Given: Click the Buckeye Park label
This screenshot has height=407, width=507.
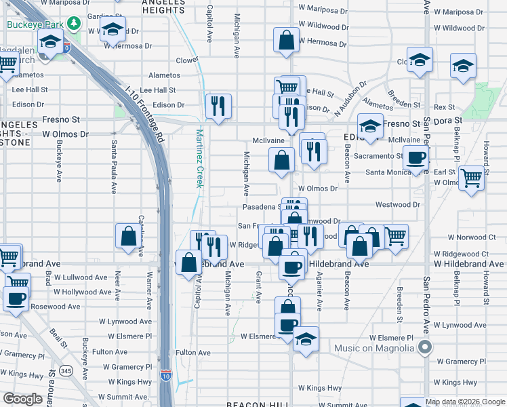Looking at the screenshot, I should pos(35,25).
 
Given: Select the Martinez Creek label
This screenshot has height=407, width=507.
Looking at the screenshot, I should pos(200,158).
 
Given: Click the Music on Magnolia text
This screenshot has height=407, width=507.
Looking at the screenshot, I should pos(373,349).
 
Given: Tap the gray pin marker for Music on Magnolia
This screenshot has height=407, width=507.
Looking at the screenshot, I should pos(425,348).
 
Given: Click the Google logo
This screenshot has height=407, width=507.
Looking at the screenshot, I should pos(23,399).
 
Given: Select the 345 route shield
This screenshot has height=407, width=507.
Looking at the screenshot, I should pos(66,370).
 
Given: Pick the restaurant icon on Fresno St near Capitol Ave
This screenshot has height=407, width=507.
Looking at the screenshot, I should pos(218,106).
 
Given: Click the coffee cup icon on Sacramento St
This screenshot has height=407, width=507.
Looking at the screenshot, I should pos(415,158).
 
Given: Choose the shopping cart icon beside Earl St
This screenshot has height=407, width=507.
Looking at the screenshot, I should pos(471,178).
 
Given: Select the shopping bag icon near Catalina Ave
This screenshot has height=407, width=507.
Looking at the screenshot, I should pos(128,237).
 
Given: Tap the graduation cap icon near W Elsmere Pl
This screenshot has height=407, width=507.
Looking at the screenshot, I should pos(306,339).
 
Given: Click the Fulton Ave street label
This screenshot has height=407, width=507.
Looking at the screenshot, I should pos(110,352).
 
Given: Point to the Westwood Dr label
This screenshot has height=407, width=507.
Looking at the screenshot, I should pos(397,204).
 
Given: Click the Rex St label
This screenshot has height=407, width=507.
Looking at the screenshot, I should pos(444,107).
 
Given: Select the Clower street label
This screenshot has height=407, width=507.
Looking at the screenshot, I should pos(186,60).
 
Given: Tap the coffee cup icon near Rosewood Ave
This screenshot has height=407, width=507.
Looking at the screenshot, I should pos(16,298).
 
